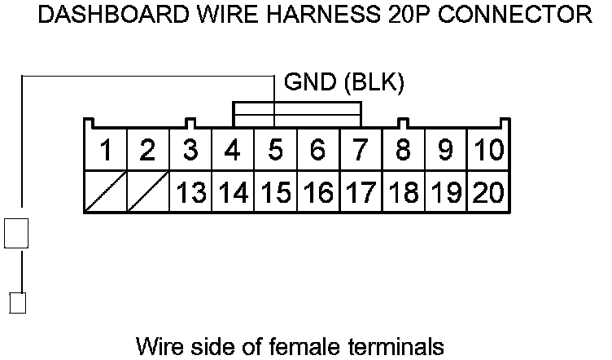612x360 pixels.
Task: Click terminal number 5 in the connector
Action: [275, 151]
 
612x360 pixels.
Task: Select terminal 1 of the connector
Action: [105, 151]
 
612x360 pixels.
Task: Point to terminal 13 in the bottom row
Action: [190, 193]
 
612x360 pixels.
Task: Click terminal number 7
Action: [361, 151]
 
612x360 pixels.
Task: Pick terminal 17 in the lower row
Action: [361, 193]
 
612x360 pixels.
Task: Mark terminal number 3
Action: [190, 151]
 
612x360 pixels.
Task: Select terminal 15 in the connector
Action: [275, 193]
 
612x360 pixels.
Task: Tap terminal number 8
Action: [403, 151]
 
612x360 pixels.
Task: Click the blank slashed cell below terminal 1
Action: [105, 193]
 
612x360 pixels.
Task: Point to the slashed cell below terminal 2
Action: [147, 193]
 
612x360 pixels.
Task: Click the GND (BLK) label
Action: [344, 83]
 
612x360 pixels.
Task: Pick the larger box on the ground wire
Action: [17, 233]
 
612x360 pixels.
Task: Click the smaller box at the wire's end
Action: [17, 303]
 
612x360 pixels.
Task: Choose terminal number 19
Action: [445, 193]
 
